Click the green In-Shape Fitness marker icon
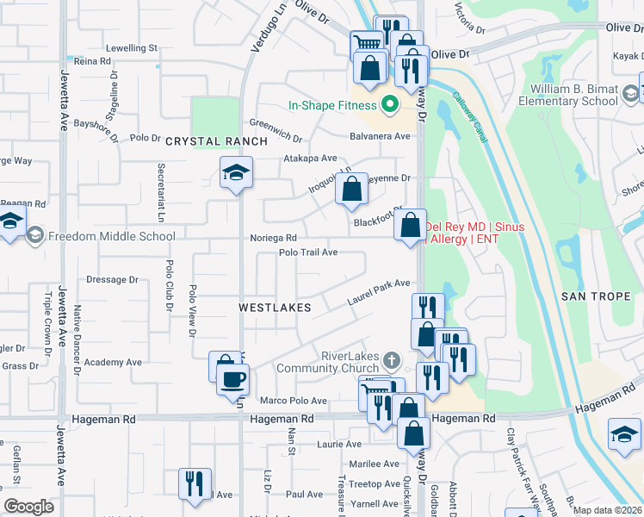click(x=389, y=105)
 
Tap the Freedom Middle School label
click(x=112, y=236)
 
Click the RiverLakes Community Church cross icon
click(x=392, y=360)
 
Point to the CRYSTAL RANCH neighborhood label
click(x=205, y=141)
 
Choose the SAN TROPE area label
click(x=596, y=296)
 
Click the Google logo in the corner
click(x=28, y=507)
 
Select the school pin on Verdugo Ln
click(x=236, y=173)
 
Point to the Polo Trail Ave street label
click(x=307, y=252)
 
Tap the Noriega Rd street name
click(x=273, y=238)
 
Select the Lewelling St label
click(x=132, y=48)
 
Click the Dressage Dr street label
click(x=113, y=280)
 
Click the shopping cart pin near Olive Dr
click(x=367, y=43)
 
